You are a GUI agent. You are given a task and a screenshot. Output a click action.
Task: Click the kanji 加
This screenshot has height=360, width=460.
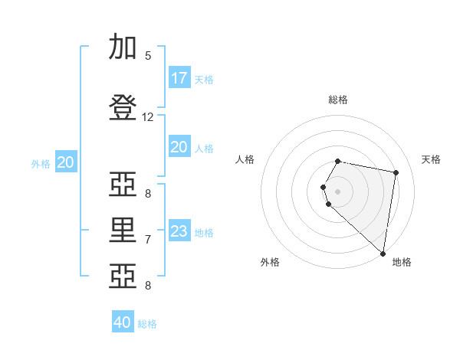[x=123, y=46]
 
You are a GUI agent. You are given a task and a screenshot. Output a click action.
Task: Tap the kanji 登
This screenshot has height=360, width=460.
[x=123, y=107]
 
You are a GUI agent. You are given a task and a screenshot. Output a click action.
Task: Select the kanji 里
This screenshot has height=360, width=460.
[x=123, y=230]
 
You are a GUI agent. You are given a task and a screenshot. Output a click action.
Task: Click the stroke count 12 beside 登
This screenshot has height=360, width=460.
[x=147, y=117]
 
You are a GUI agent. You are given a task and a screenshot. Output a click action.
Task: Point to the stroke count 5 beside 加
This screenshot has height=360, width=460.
[x=148, y=56]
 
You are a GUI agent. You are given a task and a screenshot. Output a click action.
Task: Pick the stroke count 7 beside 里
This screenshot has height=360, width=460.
[x=148, y=240]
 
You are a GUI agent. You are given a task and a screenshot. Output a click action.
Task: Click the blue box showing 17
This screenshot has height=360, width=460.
[x=179, y=77]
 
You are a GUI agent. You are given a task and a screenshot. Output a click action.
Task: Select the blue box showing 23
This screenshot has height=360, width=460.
[x=179, y=230]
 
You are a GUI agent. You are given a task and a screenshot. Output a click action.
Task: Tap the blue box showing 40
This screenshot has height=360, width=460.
[x=123, y=321]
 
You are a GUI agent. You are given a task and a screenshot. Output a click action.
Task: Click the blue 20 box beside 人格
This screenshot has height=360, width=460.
[x=179, y=146]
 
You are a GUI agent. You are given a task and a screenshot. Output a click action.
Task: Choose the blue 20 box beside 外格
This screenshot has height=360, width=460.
[x=66, y=162]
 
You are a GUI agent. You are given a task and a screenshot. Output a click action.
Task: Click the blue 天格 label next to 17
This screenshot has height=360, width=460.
[x=204, y=80]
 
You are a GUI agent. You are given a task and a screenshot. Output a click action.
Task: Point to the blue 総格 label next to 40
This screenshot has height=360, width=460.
[x=147, y=324]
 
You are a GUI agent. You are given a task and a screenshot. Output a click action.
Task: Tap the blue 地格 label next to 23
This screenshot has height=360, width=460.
[x=204, y=233]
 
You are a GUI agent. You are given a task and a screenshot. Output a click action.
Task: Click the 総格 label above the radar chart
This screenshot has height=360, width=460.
[x=338, y=100]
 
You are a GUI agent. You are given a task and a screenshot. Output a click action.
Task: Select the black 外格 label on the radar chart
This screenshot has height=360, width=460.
[x=270, y=262]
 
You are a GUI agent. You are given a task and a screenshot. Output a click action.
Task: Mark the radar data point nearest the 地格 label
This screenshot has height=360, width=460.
[x=383, y=254]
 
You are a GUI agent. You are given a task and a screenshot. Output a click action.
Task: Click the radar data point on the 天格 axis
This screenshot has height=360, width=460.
[x=396, y=172]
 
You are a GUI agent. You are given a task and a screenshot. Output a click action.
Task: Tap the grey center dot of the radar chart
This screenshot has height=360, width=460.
[x=337, y=191]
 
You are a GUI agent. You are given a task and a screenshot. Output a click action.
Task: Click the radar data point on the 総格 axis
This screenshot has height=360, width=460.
[x=337, y=161]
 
